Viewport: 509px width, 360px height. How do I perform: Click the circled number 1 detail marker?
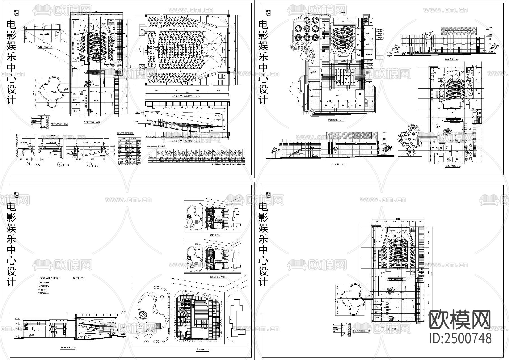pyautogui.click(x=29, y=164)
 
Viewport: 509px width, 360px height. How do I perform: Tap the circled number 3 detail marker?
pyautogui.click(x=89, y=164)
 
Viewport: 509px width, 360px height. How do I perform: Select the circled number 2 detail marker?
pyautogui.click(x=60, y=164)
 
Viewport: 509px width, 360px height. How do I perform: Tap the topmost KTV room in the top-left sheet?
pyautogui.click(x=75, y=94)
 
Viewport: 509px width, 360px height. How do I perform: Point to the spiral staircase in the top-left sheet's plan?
pyautogui.click(x=90, y=112)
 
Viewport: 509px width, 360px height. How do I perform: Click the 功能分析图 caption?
pyautogui.click(x=215, y=235)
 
